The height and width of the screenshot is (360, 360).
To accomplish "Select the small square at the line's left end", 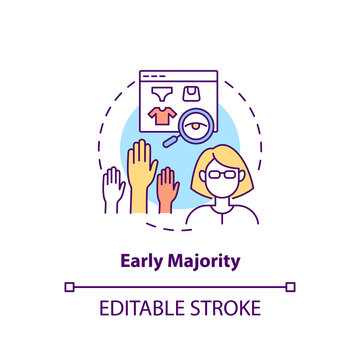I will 69,286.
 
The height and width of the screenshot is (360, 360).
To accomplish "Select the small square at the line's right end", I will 290,286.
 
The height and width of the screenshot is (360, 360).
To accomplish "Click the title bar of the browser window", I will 180,75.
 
